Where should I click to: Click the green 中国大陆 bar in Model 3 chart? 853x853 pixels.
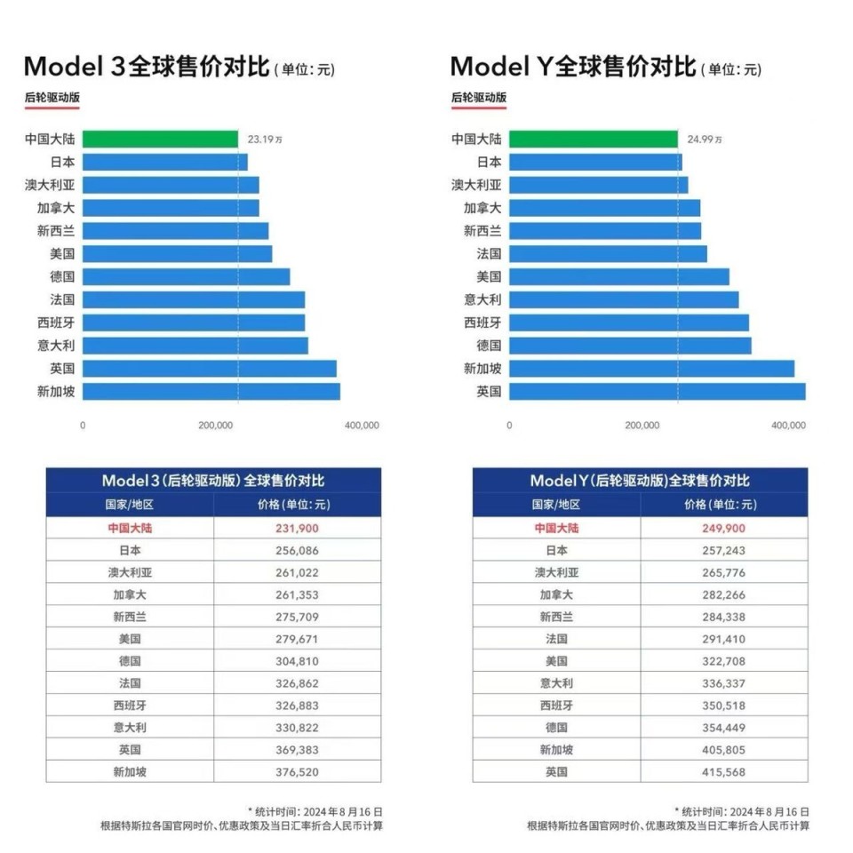tap(160, 140)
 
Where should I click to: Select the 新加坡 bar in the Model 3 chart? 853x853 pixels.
tap(211, 391)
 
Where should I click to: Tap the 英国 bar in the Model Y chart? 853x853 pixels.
tap(657, 391)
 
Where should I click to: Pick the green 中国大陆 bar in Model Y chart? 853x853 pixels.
tap(594, 140)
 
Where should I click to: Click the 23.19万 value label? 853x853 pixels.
tap(266, 140)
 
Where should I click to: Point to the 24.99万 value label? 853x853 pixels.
tap(705, 140)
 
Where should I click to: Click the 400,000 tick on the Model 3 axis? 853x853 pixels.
tap(361, 426)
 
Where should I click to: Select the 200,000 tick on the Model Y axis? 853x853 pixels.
tap(642, 426)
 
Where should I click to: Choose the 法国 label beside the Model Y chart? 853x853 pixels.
tap(489, 254)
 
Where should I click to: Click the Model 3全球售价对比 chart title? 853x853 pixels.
tap(146, 68)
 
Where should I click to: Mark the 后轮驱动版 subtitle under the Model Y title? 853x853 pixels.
tap(479, 98)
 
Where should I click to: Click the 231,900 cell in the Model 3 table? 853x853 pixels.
tap(296, 528)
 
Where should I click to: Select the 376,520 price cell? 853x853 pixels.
tap(296, 772)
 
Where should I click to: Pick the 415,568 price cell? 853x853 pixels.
tap(722, 772)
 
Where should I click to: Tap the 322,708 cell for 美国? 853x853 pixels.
tap(722, 661)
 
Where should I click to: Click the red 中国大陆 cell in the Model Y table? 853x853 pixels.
tap(556, 528)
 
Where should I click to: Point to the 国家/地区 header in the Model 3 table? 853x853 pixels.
tap(130, 505)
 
